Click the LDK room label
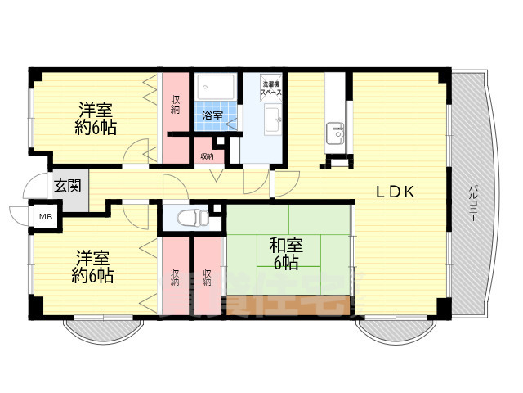[x=396, y=192]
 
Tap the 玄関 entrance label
[x=68, y=186]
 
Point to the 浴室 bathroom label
[x=212, y=116]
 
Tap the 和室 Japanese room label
[x=283, y=252]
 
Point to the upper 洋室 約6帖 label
[x=96, y=118]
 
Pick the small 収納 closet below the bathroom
[x=208, y=156]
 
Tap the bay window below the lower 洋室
[x=104, y=332]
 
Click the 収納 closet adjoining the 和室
[x=208, y=276]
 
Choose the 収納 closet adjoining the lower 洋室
[x=176, y=276]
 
